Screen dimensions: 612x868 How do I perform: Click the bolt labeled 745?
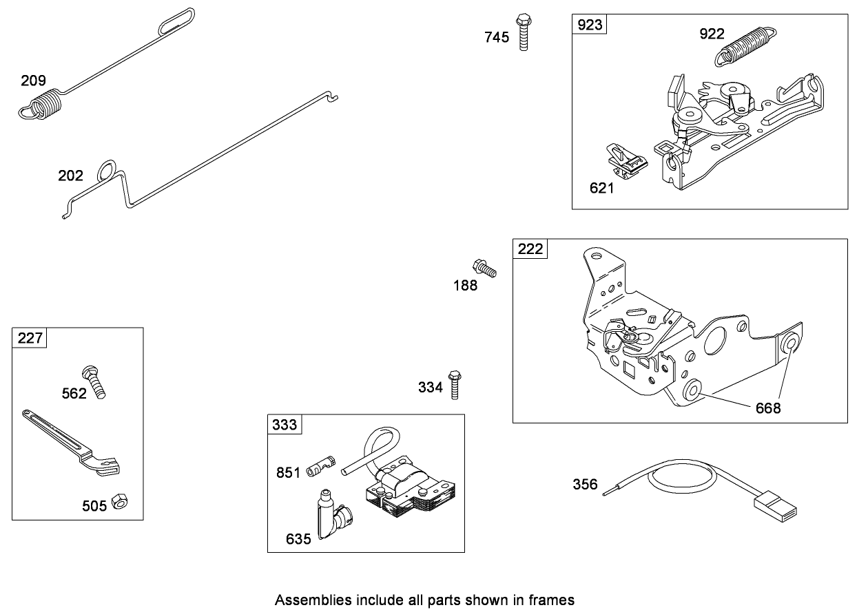point(524,33)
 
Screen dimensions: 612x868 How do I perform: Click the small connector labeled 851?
point(320,463)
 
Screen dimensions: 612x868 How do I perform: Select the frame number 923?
point(589,25)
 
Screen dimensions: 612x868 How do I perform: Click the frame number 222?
point(530,249)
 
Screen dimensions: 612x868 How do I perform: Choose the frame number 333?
point(285,424)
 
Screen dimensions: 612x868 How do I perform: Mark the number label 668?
point(768,408)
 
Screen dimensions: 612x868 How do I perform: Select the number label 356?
point(586,484)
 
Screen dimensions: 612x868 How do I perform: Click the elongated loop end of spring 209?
point(176,20)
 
